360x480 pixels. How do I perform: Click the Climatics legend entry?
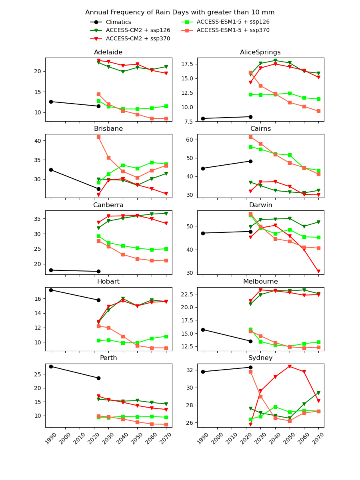coord(118,22)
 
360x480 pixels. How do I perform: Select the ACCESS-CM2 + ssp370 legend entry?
coord(138,39)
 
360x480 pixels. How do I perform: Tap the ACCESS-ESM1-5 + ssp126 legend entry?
coord(233,22)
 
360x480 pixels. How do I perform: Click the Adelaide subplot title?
coord(108,52)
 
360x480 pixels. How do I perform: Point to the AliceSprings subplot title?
coord(260,52)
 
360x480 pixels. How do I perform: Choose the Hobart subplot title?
coord(108,282)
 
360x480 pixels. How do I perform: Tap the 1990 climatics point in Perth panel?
coord(51,366)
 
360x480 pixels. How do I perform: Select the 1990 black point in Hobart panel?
coord(51,290)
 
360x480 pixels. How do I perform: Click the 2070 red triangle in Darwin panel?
coord(318,271)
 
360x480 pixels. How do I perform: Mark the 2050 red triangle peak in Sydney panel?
coord(290,366)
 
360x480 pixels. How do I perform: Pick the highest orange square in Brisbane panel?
coord(98,137)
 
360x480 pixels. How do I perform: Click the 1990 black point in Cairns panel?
coord(203,168)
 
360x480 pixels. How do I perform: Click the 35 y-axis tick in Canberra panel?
coord(38,219)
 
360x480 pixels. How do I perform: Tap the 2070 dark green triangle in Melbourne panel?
coord(318,294)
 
